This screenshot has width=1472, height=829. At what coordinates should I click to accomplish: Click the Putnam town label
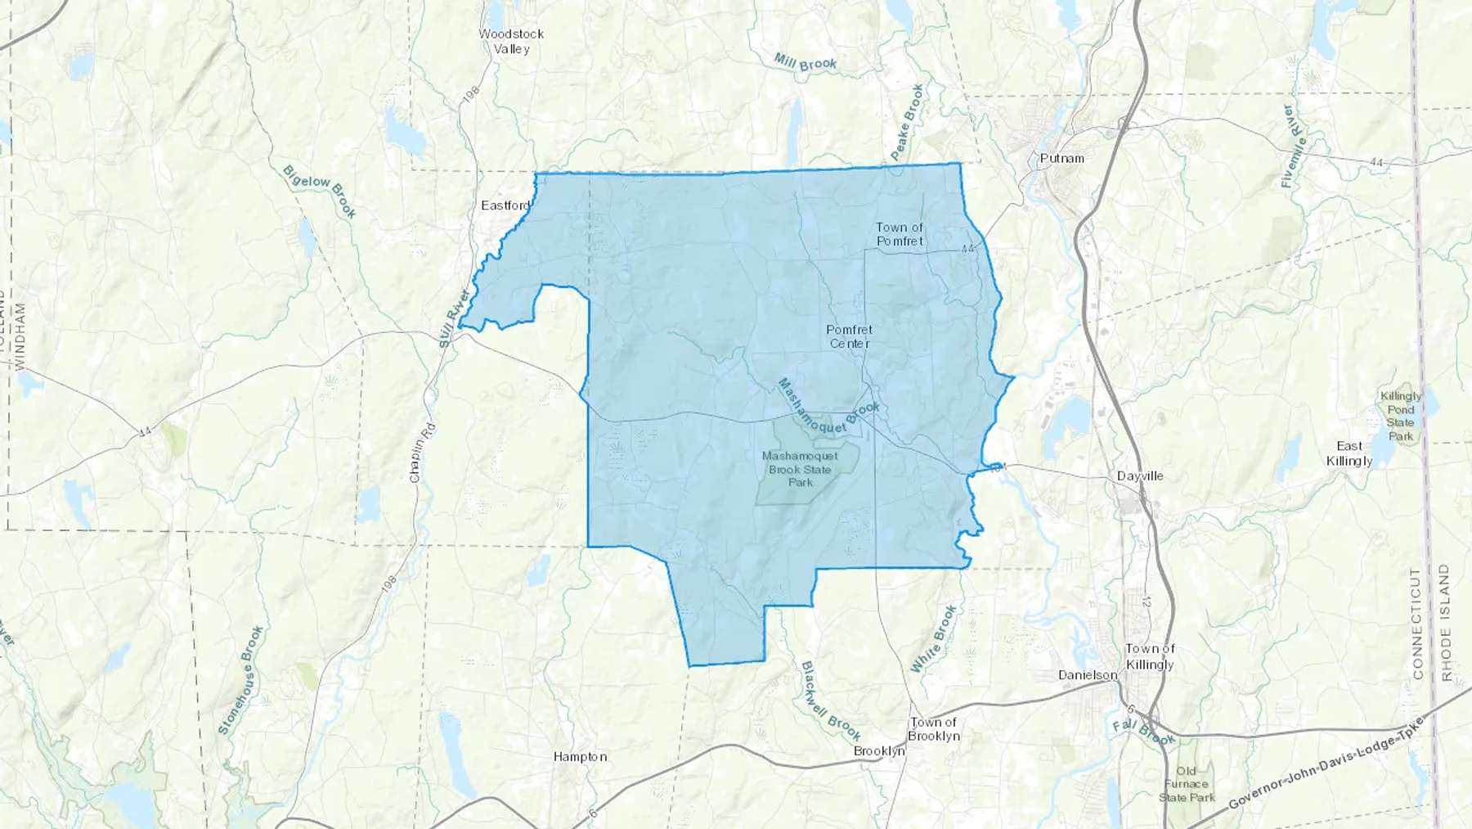(x=1061, y=158)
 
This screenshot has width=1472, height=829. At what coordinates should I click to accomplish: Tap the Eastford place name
(x=505, y=205)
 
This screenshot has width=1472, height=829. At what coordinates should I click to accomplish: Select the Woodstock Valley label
(x=511, y=41)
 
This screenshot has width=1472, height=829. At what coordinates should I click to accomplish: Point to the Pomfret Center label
(x=850, y=336)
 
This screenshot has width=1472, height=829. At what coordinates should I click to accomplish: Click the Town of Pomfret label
(x=900, y=234)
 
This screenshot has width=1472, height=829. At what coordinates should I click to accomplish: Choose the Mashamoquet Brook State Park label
(x=800, y=469)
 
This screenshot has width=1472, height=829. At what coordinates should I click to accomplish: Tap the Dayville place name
(x=1140, y=475)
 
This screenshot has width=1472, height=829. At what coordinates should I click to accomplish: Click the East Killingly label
(x=1349, y=453)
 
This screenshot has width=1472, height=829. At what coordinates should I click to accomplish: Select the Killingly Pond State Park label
(x=1400, y=416)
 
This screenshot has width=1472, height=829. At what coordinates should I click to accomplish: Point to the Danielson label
(x=1088, y=675)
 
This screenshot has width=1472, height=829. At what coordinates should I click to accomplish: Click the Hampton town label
(x=580, y=757)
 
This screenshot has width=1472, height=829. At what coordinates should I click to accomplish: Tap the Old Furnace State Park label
(x=1187, y=784)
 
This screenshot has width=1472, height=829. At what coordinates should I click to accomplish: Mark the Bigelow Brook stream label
(x=319, y=191)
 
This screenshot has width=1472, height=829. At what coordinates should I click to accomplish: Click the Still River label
(x=456, y=319)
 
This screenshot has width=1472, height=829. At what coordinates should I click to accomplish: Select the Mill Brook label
(x=806, y=63)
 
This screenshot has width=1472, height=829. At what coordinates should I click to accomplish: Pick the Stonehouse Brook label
(x=241, y=679)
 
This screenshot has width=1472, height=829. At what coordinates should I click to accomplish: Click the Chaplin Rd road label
(x=421, y=452)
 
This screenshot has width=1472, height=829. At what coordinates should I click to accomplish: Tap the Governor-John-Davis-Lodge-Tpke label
(x=1325, y=764)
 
